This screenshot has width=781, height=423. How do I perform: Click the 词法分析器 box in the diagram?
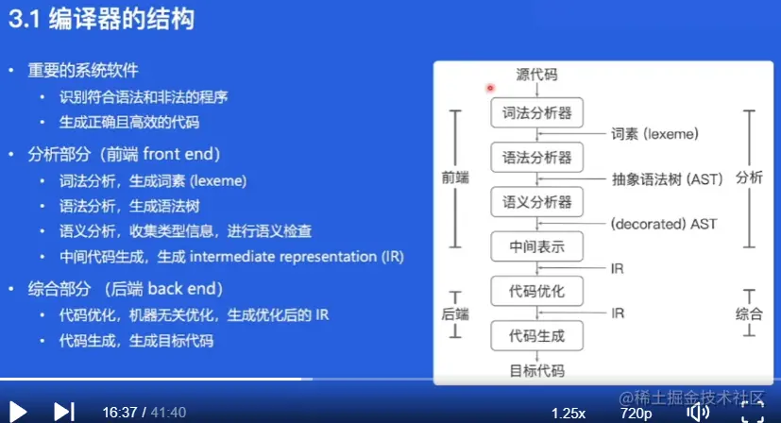[536, 112]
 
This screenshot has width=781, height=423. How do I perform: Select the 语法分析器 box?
[536, 158]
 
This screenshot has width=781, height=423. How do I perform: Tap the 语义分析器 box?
[536, 202]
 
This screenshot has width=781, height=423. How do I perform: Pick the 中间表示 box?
[536, 246]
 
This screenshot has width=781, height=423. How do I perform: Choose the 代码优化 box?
[536, 291]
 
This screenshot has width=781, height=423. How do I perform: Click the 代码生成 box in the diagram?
[536, 336]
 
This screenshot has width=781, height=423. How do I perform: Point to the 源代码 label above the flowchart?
[536, 75]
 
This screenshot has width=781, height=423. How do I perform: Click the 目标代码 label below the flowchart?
[537, 371]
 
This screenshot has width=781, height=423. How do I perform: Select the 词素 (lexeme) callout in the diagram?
[654, 134]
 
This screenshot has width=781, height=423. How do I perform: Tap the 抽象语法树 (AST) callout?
[667, 178]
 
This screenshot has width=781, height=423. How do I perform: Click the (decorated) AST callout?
[664, 224]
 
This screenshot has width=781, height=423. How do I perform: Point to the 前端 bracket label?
[455, 178]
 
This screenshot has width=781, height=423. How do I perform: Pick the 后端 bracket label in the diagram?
[455, 313]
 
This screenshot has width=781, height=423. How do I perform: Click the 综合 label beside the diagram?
[749, 313]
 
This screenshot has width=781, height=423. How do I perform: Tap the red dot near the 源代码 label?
[490, 88]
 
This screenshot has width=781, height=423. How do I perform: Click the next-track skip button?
[64, 412]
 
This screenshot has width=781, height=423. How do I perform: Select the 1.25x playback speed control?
[569, 413]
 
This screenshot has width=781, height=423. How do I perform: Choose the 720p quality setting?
[637, 413]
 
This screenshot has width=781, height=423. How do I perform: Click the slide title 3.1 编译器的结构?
[101, 20]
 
